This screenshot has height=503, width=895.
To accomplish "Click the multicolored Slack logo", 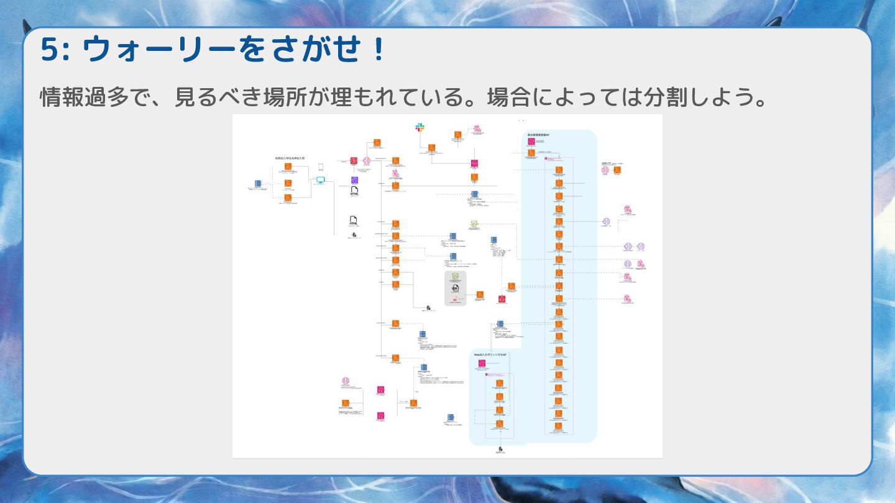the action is click(x=420, y=127).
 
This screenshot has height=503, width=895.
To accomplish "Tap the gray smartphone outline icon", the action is click(x=321, y=168).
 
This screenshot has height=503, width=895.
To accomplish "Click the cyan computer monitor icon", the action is click(x=321, y=180).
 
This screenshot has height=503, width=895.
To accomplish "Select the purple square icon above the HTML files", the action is click(x=354, y=180).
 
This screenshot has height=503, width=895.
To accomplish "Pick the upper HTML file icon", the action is click(x=354, y=191).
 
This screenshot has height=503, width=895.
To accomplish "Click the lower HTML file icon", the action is click(x=353, y=220).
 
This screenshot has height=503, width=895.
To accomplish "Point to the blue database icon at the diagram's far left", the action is click(x=257, y=184).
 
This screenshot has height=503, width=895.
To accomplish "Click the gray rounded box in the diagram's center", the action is click(x=455, y=288).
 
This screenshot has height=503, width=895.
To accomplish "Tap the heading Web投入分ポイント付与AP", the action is click(x=491, y=355).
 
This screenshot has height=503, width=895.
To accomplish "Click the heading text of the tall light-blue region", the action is click(x=539, y=135).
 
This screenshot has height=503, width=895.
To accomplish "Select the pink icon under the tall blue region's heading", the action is click(x=531, y=142).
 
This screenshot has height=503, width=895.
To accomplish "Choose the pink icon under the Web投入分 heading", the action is click(x=481, y=363).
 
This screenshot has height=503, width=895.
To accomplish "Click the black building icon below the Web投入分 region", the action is click(x=499, y=448).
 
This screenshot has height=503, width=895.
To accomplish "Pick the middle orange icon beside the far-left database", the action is click(x=288, y=183).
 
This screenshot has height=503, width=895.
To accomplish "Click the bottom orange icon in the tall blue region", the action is click(x=559, y=425).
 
